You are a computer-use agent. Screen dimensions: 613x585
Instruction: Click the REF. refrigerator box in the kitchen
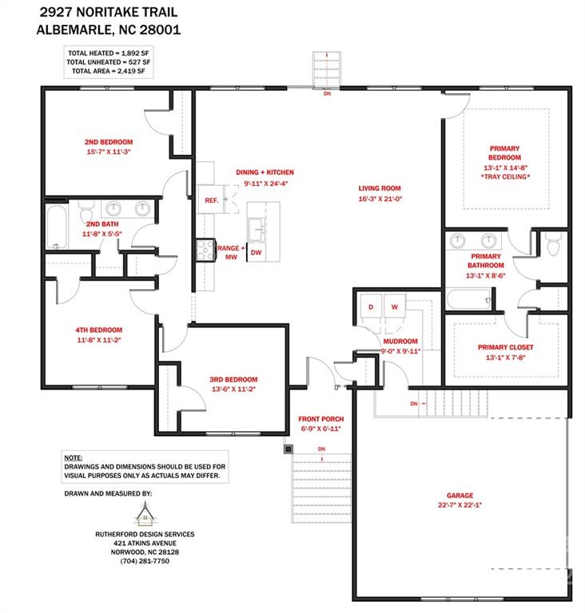[x=212, y=200]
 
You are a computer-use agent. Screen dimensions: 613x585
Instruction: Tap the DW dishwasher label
[x=256, y=252]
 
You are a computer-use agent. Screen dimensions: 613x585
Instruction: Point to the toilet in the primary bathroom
[x=551, y=245]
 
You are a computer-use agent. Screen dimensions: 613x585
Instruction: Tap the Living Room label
[x=379, y=189]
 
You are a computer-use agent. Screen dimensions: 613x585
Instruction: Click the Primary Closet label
[x=505, y=347]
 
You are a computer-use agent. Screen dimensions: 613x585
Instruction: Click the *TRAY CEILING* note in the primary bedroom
[x=505, y=176]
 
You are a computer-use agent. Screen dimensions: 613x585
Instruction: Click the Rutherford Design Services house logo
[x=145, y=516]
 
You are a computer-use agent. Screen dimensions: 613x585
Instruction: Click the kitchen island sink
[x=258, y=229]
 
